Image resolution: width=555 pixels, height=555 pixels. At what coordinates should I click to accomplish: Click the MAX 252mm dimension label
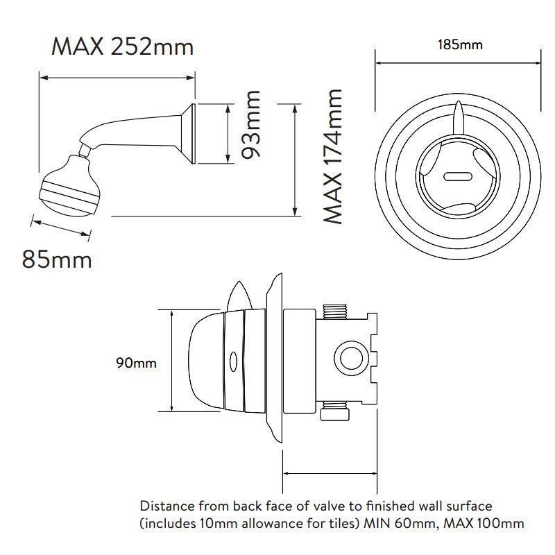[x=123, y=46]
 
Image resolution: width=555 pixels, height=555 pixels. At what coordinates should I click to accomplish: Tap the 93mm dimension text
[x=250, y=124]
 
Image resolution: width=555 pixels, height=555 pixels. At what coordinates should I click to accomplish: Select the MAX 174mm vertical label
[x=333, y=157]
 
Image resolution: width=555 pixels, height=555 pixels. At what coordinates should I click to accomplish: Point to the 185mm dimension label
[x=460, y=45]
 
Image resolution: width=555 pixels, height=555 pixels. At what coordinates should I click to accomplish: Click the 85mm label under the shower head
[x=57, y=259]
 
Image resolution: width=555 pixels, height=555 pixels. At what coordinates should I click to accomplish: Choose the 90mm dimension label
[x=136, y=363]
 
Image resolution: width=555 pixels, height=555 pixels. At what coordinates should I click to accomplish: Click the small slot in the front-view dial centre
[x=458, y=176]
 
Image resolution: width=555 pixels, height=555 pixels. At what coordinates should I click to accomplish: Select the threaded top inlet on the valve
[x=335, y=311]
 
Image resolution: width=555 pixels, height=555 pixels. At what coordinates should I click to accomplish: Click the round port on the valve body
[x=352, y=358]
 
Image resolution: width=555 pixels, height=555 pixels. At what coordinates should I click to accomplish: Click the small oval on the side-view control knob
[x=233, y=361]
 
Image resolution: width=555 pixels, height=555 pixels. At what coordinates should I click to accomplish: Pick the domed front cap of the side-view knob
[x=206, y=361]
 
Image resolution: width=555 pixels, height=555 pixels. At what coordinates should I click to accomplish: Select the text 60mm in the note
[x=418, y=524]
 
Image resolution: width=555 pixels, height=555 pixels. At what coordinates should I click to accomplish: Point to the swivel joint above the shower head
[x=85, y=150]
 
